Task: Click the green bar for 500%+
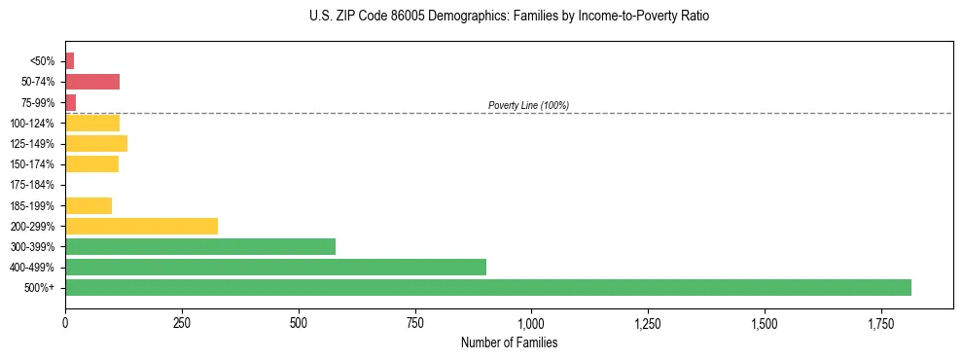pyautogui.click(x=487, y=287)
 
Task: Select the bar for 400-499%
pyautogui.click(x=275, y=267)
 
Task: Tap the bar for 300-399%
pyautogui.click(x=199, y=246)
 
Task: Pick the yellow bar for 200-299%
pyautogui.click(x=141, y=226)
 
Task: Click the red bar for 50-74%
pyautogui.click(x=91, y=82)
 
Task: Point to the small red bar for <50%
pyautogui.click(x=69, y=61)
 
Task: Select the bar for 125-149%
pyautogui.click(x=95, y=144)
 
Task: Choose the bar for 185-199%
pyautogui.click(x=88, y=205)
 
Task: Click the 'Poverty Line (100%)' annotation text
pyautogui.click(x=528, y=105)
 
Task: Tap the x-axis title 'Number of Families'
pyautogui.click(x=509, y=342)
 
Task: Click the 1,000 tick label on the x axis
pyautogui.click(x=531, y=322)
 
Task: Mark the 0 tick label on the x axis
pyautogui.click(x=65, y=322)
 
